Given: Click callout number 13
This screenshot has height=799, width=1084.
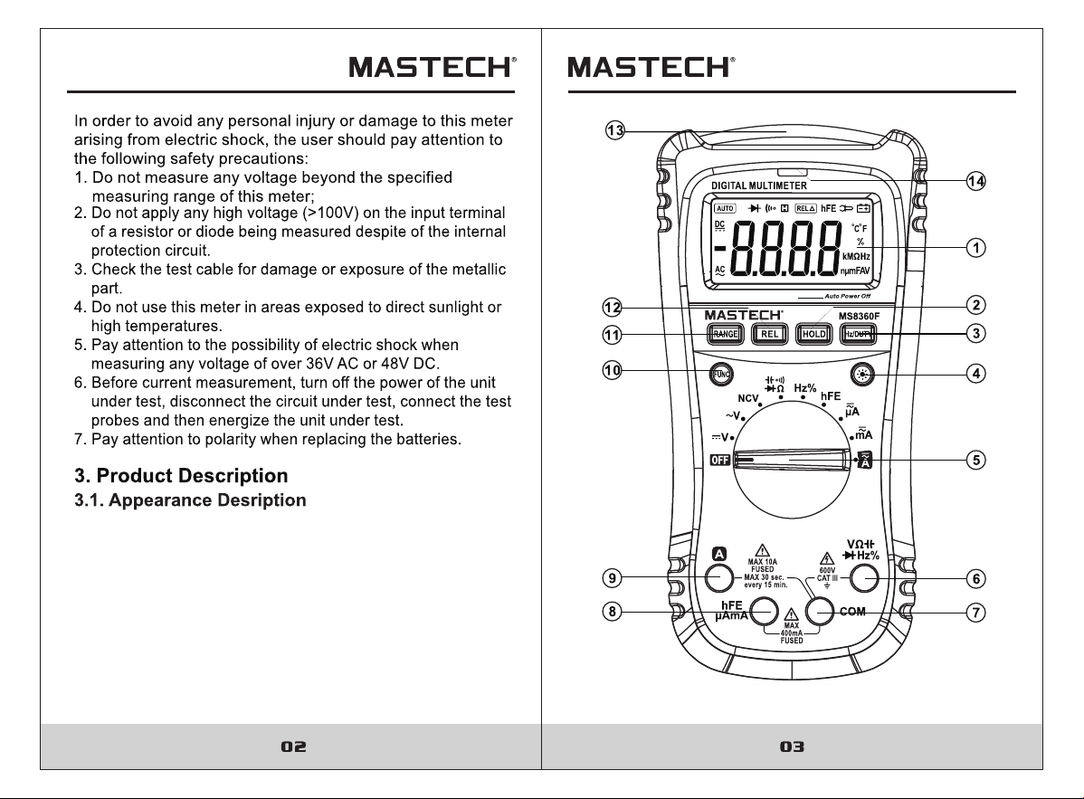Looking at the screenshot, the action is pyautogui.click(x=614, y=130).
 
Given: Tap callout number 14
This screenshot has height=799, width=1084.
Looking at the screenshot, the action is pyautogui.click(x=975, y=181).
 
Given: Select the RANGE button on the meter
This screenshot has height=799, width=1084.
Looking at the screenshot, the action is pyautogui.click(x=725, y=335).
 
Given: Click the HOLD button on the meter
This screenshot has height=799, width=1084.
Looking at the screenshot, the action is pyautogui.click(x=813, y=335).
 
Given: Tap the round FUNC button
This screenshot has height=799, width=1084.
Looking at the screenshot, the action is pyautogui.click(x=721, y=375).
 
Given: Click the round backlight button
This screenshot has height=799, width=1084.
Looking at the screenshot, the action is pyautogui.click(x=862, y=375).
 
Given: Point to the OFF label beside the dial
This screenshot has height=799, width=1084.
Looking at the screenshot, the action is pyautogui.click(x=719, y=460).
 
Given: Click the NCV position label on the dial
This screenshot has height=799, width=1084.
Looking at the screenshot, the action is pyautogui.click(x=748, y=398).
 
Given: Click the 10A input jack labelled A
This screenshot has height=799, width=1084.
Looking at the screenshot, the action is pyautogui.click(x=719, y=578).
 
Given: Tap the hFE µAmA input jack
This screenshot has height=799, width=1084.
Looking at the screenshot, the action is pyautogui.click(x=764, y=612).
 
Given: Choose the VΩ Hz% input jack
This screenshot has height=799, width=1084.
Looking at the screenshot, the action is pyautogui.click(x=864, y=578).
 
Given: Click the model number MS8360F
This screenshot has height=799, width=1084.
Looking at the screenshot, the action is pyautogui.click(x=860, y=317).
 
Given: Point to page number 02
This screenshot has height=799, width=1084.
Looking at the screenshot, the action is pyautogui.click(x=293, y=747).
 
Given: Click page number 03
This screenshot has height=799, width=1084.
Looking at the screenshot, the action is pyautogui.click(x=793, y=747).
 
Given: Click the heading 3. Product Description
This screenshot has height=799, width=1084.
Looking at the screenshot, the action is pyautogui.click(x=181, y=476).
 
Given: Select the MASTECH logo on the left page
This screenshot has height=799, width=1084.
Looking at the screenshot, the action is pyautogui.click(x=433, y=67).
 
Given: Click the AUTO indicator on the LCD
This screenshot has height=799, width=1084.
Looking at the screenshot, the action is pyautogui.click(x=725, y=208).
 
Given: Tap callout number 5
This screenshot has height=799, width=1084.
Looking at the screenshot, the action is pyautogui.click(x=975, y=460).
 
